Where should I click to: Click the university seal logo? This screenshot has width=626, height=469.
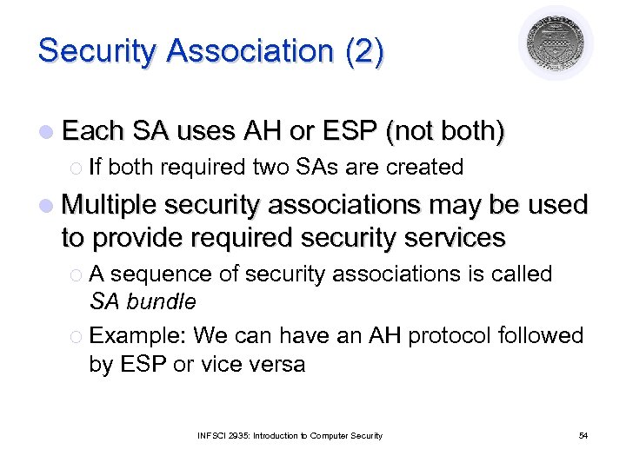coord(556,43)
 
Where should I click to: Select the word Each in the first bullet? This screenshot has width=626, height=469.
coord(93,131)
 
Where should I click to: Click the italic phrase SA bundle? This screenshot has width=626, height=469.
coord(143,302)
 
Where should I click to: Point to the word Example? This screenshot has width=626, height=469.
coord(138,335)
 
